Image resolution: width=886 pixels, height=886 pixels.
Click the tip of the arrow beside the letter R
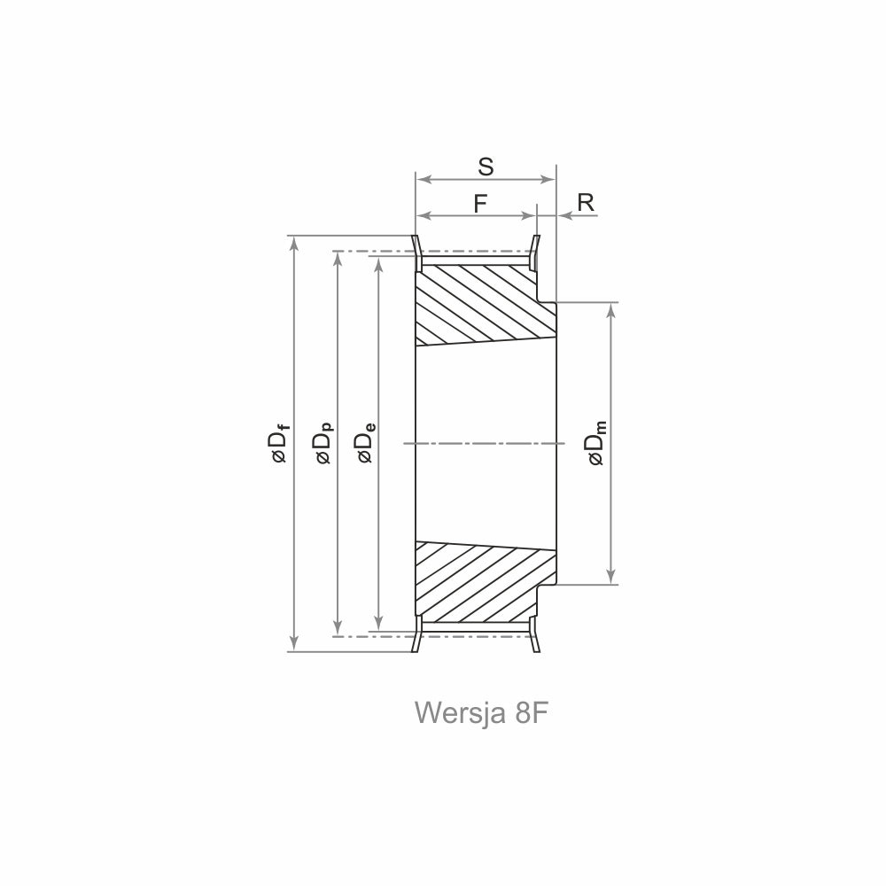(x=558, y=216)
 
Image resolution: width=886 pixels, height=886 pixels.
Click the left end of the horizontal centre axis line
(x=403, y=444)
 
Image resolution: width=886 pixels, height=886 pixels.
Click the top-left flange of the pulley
(x=416, y=253)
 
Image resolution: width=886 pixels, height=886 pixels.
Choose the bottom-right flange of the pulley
(x=534, y=634)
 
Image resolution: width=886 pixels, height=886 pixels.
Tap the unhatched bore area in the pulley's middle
(x=486, y=444)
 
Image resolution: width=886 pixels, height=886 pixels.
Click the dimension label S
(x=486, y=167)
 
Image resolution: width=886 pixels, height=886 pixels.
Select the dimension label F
(x=480, y=204)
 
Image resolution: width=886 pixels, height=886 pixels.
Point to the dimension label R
(x=586, y=202)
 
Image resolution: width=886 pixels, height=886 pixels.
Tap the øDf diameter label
(x=280, y=444)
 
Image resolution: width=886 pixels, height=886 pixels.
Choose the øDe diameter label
(x=366, y=444)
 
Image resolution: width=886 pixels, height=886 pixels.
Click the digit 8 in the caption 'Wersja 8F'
(x=522, y=712)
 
